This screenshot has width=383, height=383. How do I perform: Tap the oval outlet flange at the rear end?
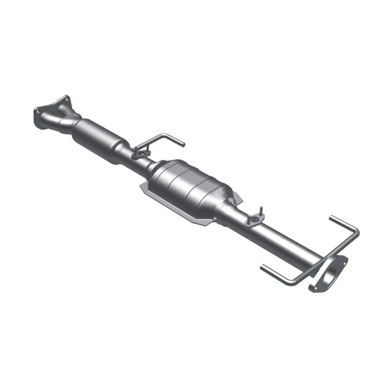[329, 274]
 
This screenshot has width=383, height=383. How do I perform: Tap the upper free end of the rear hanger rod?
[330, 219]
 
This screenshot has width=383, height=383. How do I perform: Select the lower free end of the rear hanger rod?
[262, 266]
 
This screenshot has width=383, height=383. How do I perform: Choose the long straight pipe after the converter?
[282, 239]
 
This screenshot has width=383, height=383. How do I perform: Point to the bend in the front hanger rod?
[165, 135]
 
